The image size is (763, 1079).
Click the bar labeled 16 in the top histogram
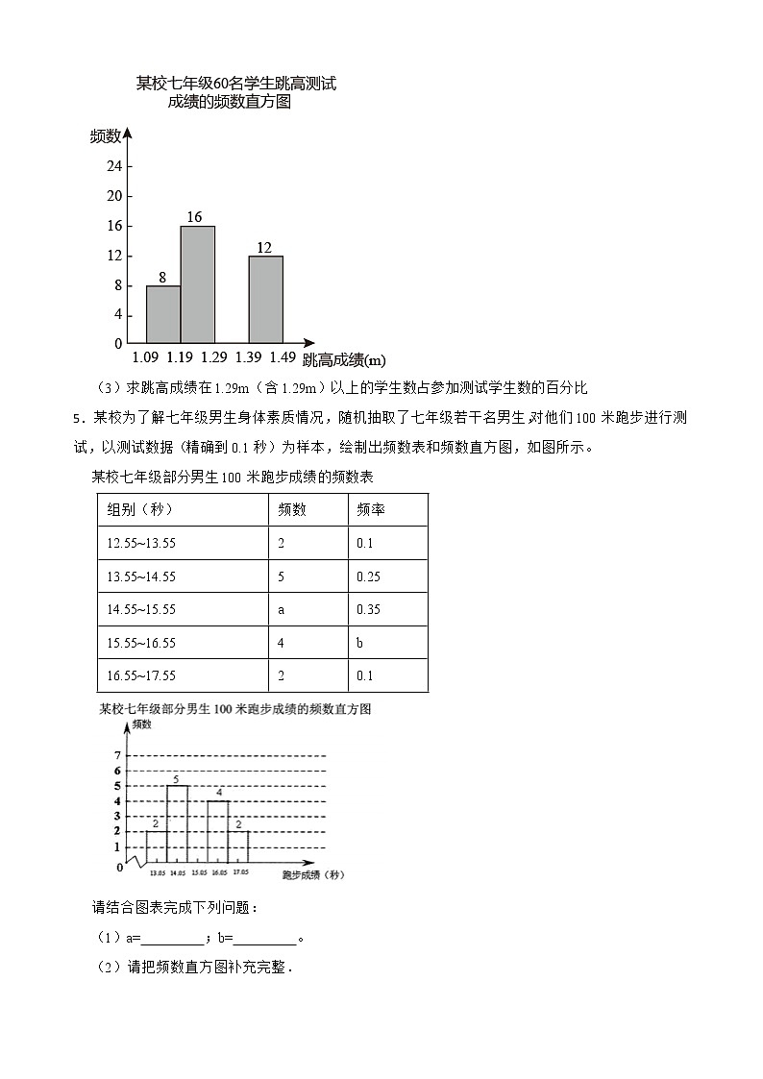pos(197,284)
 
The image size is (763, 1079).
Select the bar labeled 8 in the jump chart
pos(163,314)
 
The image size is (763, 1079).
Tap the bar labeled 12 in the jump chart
pos(265,299)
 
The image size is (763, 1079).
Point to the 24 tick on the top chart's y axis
pos(114,166)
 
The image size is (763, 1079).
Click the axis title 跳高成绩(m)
pos(344,360)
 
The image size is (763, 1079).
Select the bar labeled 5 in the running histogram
pos(177,824)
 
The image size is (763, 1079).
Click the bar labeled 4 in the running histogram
pos(218,832)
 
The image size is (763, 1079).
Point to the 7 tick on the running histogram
pos(116,755)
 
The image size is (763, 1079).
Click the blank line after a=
pos(172,939)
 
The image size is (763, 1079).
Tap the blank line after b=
pos(264,939)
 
